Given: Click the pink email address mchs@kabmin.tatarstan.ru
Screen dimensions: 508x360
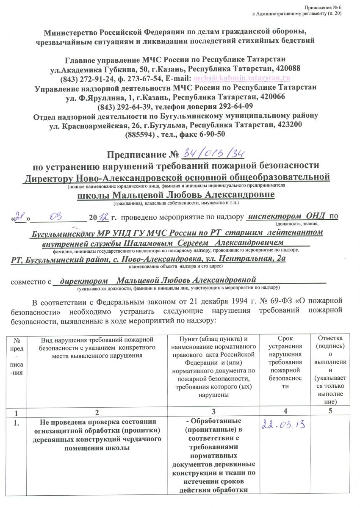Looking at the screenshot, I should coord(241,79).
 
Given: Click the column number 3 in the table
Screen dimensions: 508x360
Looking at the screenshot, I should coord(214,411).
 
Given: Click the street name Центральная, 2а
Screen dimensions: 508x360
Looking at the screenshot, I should coord(250,260).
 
